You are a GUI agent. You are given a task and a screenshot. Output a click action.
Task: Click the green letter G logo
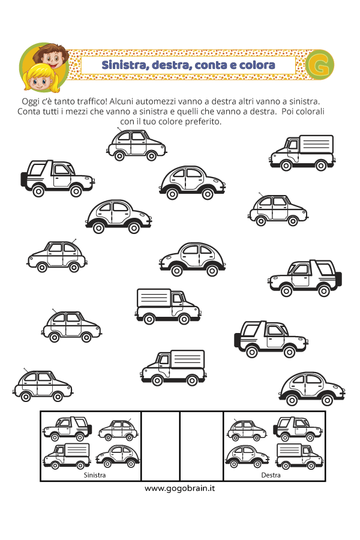pyautogui.click(x=319, y=65)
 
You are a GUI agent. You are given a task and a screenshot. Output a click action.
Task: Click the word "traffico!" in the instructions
pyautogui.click(x=91, y=101)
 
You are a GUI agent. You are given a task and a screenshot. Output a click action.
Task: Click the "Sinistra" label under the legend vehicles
pyautogui.click(x=95, y=475)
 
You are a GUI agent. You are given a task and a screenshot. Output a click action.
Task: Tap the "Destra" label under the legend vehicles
pyautogui.click(x=271, y=475)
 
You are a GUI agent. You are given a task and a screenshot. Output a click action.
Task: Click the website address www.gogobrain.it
pyautogui.click(x=180, y=488)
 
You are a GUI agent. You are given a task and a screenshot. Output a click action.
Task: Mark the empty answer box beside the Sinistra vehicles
pyautogui.click(x=161, y=446)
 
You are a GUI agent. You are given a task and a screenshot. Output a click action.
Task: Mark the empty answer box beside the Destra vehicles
pyautogui.click(x=202, y=446)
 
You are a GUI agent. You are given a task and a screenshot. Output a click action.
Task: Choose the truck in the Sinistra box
pyautogui.click(x=67, y=456)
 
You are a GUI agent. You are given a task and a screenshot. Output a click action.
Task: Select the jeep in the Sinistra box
pyautogui.click(x=67, y=429)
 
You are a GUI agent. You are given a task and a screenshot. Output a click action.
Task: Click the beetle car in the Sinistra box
pyautogui.click(x=118, y=457)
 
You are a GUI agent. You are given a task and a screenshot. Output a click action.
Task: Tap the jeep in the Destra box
pyautogui.click(x=298, y=429)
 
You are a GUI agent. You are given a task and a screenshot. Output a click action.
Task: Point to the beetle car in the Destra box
pyautogui.click(x=247, y=457)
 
